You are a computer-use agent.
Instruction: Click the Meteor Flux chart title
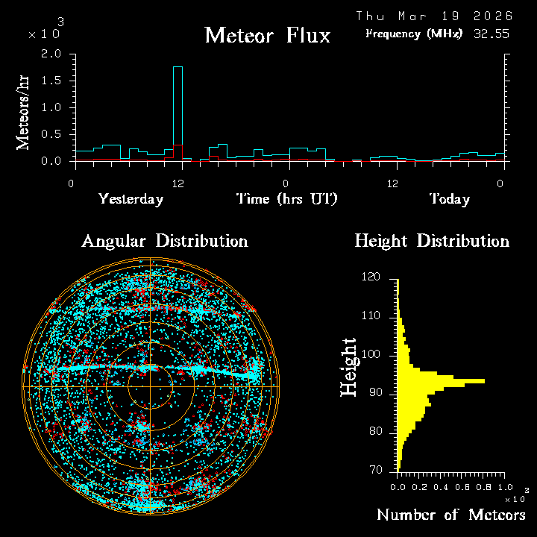pyautogui.click(x=267, y=35)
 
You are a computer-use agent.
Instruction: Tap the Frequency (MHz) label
pyautogui.click(x=414, y=34)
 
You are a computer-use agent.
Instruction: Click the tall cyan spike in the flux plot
pyautogui.click(x=178, y=112)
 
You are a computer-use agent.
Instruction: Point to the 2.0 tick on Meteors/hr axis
pyautogui.click(x=51, y=54)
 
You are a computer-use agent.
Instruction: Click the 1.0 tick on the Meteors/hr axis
pyautogui.click(x=51, y=107)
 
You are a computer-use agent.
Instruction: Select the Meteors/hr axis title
pyautogui.click(x=24, y=112)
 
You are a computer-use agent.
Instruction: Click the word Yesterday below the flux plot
pyautogui.click(x=131, y=199)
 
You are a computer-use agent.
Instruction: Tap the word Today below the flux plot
pyautogui.click(x=449, y=199)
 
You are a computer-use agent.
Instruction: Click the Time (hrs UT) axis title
pyautogui.click(x=286, y=199)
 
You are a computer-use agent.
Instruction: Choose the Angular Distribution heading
pyautogui.click(x=164, y=241)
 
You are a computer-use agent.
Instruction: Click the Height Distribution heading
pyautogui.click(x=432, y=241)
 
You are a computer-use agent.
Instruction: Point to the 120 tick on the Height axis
pyautogui.click(x=371, y=277)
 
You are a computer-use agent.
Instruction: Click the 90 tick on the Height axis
pyautogui.click(x=374, y=393)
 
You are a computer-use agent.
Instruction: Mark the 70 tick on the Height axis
pyautogui.click(x=374, y=470)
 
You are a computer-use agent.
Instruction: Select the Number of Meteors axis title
pyautogui.click(x=450, y=515)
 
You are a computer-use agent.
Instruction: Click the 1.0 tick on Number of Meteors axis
pyautogui.click(x=500, y=486)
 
